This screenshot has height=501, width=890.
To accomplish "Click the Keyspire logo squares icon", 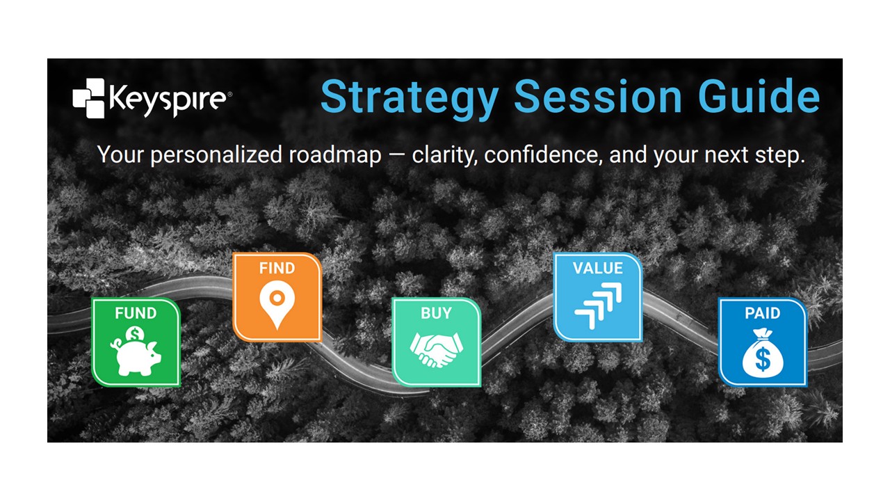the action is click(x=88, y=98).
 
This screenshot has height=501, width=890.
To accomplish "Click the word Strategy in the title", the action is click(x=410, y=99).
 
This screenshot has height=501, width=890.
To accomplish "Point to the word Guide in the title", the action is click(x=759, y=96).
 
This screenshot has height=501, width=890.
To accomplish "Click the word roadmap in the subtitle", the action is click(x=335, y=155).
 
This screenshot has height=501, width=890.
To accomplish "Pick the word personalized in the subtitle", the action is click(x=216, y=155).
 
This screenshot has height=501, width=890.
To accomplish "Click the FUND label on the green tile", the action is click(x=136, y=313).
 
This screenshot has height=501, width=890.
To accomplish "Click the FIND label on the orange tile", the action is click(x=277, y=269).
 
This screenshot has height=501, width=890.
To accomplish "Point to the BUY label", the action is click(x=436, y=313).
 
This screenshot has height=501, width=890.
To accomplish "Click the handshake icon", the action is click(x=436, y=349).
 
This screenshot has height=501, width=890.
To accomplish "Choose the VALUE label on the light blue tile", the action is click(x=597, y=269).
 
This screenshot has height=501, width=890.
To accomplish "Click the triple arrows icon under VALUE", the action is click(x=598, y=305).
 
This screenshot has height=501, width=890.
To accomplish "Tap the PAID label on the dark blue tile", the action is click(x=763, y=313).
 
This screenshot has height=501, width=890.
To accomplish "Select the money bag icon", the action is click(x=763, y=353).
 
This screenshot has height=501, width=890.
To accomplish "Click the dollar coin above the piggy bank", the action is click(x=135, y=334).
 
